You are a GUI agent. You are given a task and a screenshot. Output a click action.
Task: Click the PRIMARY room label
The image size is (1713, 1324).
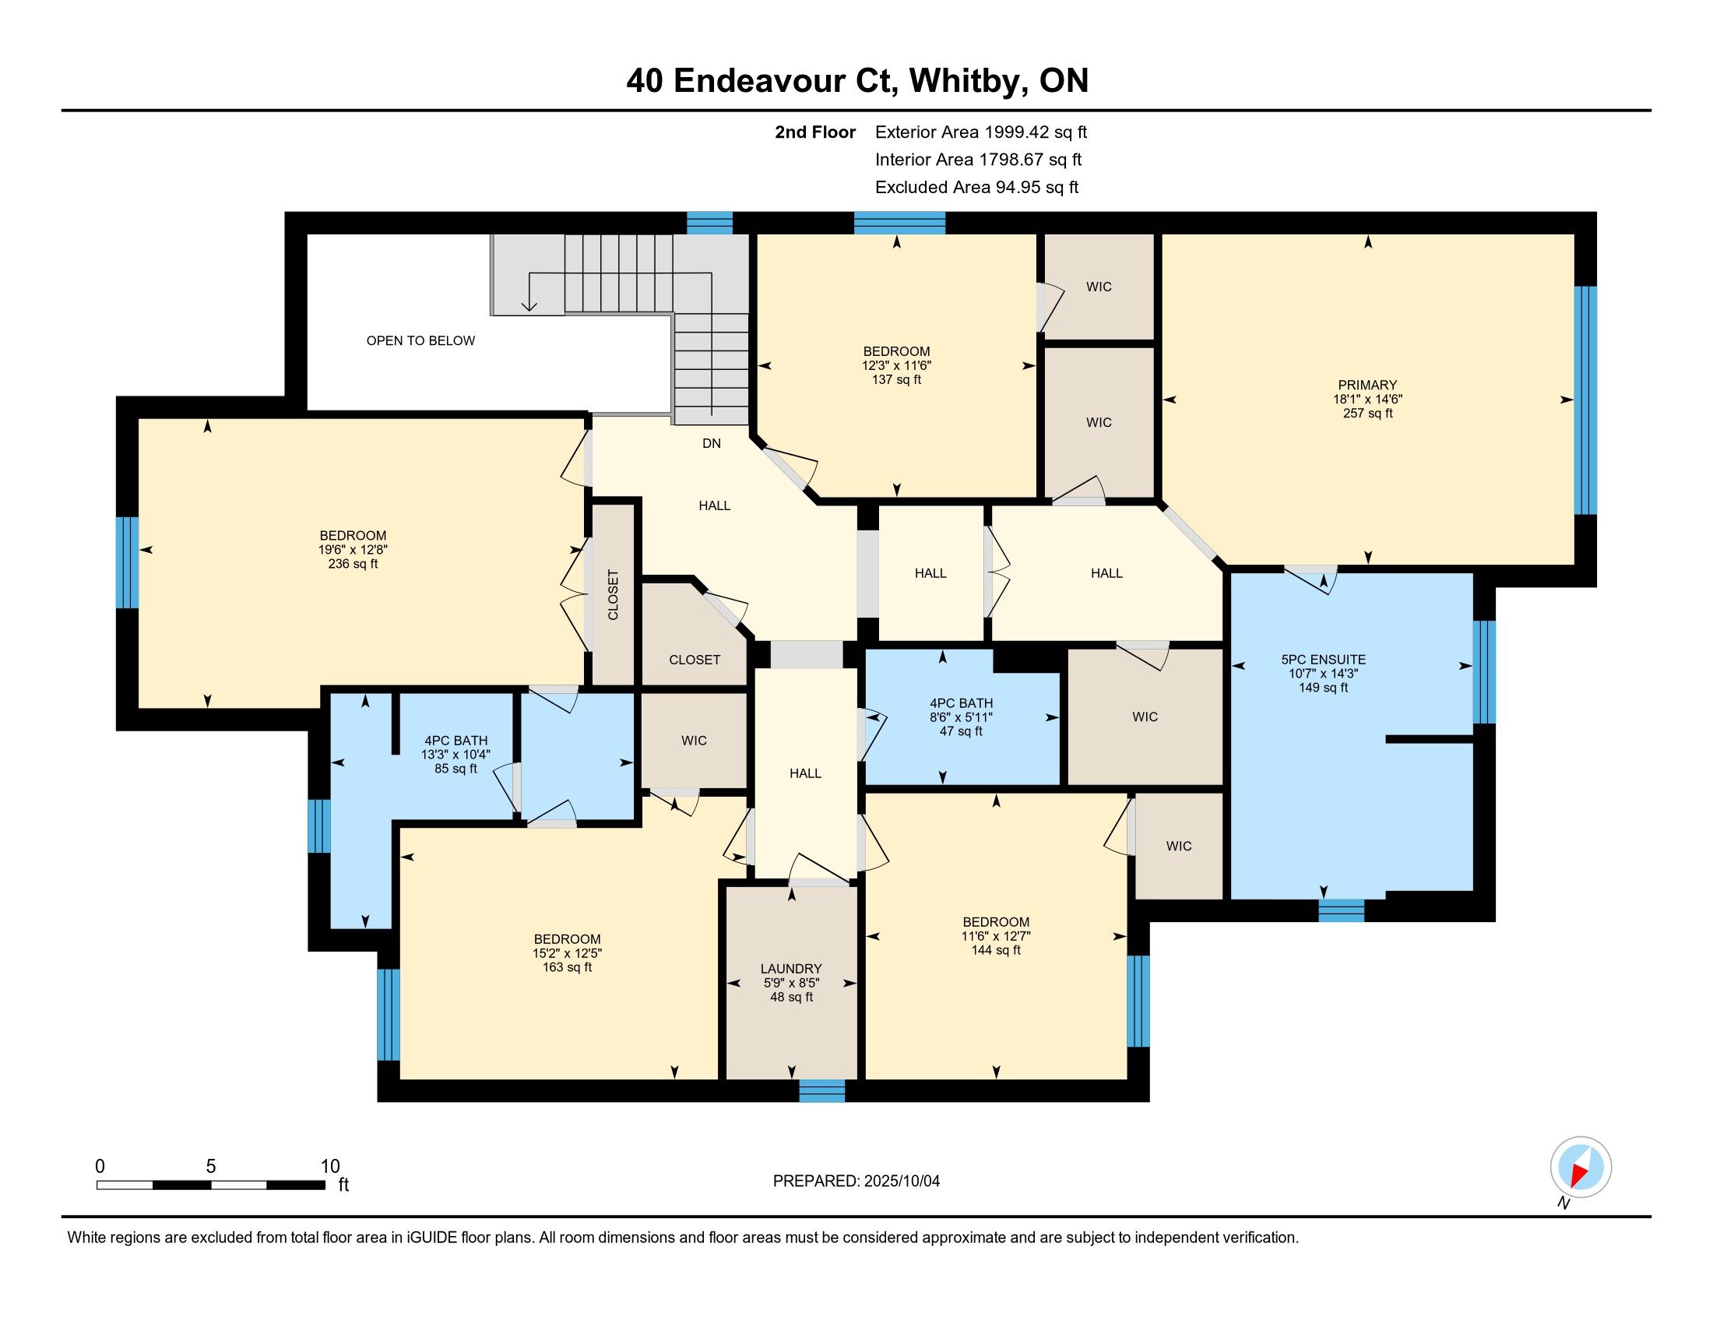point(1367,384)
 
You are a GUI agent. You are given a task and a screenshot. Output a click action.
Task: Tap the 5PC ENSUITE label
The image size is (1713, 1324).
point(1323,660)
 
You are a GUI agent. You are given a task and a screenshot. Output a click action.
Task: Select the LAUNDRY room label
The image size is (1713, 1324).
point(790,969)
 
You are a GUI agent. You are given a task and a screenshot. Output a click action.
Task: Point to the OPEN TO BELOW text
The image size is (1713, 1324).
point(420,340)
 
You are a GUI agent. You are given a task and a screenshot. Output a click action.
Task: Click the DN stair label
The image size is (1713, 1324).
point(712,443)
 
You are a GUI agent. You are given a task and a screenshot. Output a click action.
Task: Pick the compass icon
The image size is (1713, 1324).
point(1581,1167)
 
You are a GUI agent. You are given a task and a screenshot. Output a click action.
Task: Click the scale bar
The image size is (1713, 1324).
point(211,1185)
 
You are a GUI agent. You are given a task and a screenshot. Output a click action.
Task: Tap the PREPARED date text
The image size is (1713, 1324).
point(856,1181)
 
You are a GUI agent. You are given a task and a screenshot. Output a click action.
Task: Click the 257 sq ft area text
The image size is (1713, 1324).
point(1367,413)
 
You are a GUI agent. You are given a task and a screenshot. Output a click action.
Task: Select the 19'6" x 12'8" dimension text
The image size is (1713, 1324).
point(353,550)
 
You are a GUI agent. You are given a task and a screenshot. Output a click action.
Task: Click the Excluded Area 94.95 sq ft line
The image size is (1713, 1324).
point(976,188)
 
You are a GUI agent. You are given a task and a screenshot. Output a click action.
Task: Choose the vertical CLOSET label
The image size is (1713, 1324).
point(614,594)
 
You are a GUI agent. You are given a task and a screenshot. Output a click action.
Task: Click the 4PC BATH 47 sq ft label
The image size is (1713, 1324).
point(961,717)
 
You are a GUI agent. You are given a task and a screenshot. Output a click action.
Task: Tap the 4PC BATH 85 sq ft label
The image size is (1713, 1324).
point(456,754)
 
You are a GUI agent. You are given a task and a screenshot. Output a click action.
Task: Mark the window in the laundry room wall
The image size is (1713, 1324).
point(822,1091)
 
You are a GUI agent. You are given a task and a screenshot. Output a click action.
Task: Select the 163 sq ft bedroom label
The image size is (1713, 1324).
point(567,953)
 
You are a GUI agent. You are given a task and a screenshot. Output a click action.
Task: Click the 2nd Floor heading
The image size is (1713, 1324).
point(815,132)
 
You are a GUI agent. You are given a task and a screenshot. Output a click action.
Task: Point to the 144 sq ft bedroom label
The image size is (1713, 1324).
point(996,935)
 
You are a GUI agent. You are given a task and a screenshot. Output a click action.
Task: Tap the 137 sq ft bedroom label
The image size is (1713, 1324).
point(896,365)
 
